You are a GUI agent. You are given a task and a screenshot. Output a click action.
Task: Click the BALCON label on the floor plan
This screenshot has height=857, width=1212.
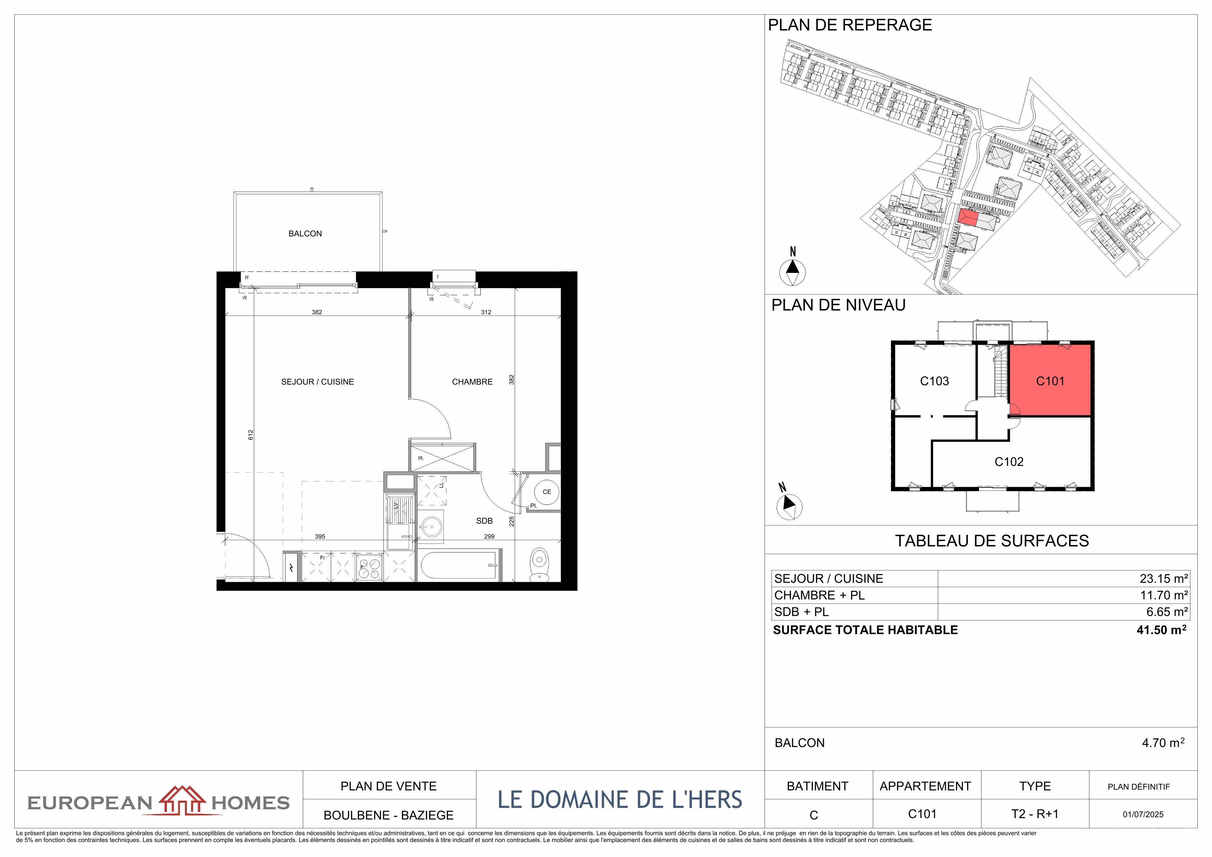click(x=305, y=233)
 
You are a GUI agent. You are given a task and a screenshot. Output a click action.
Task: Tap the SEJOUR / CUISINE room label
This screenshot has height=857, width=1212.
click(x=317, y=382)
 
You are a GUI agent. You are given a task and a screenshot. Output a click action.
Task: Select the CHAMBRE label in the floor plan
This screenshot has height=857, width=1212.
click(x=472, y=382)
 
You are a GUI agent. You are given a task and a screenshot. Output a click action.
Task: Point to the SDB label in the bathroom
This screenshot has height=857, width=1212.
click(x=484, y=521)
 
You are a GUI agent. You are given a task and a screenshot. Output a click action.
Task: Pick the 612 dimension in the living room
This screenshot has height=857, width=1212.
click(x=251, y=434)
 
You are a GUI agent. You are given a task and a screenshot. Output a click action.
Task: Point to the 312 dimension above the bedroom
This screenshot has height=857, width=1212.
click(x=486, y=312)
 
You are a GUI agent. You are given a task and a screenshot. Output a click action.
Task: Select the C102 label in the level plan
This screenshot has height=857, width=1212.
click(x=1009, y=461)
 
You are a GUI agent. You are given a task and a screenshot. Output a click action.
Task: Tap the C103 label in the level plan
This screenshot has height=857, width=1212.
click(x=934, y=381)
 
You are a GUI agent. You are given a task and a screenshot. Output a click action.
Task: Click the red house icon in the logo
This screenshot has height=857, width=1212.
click(x=182, y=800)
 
